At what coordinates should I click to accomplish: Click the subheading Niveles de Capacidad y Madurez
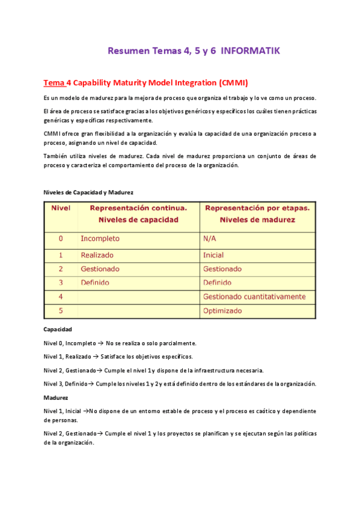point(88,192)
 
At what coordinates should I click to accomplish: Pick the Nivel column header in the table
point(60,208)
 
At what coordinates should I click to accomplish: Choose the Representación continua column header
point(138,214)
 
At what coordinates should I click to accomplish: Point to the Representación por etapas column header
point(257,214)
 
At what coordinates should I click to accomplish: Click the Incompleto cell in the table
point(100,239)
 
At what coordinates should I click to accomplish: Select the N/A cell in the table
point(210,239)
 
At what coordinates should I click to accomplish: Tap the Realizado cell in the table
point(97,255)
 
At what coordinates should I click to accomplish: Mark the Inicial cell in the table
point(213,255)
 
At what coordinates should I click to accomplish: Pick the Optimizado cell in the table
point(222,311)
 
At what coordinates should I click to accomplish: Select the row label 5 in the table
point(60,311)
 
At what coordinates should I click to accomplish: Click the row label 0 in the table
point(60,239)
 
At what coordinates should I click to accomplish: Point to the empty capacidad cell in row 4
point(138,296)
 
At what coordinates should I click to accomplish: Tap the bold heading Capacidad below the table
point(58,330)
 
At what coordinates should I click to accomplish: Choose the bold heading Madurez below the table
point(56,398)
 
